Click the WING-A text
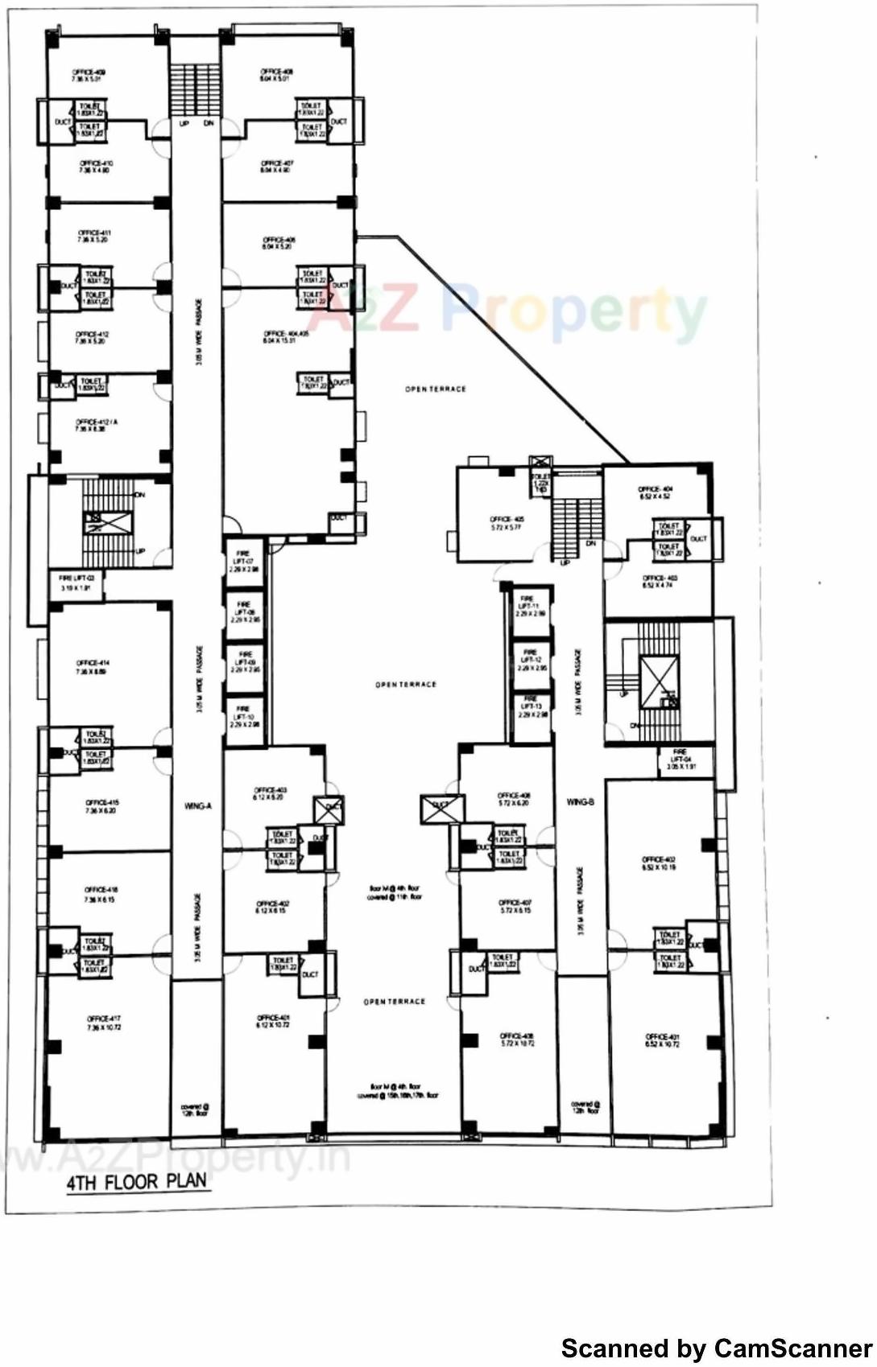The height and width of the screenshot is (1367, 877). click(x=197, y=805)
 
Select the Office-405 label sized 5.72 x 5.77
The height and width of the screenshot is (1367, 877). click(x=507, y=523)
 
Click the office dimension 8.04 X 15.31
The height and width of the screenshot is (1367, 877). click(x=279, y=340)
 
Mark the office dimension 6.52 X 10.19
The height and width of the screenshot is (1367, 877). click(x=659, y=867)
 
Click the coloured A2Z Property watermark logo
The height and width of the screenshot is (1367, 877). click(x=507, y=312)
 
